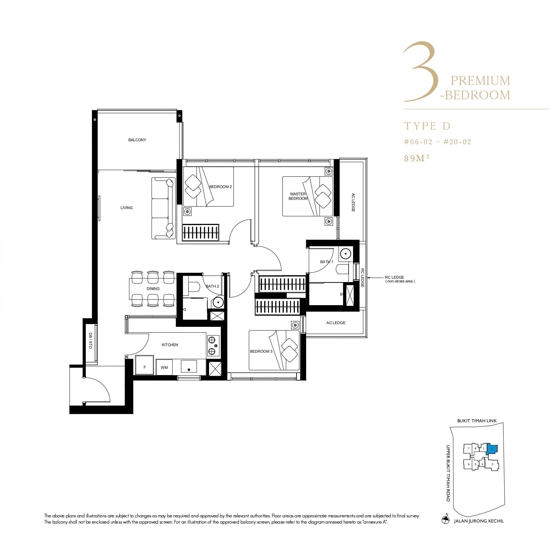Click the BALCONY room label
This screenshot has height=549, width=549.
137,140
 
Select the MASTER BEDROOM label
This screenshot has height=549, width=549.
298,196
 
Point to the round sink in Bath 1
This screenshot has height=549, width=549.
345,254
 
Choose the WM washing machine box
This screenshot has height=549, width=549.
164,367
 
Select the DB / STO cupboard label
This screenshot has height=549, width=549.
90,341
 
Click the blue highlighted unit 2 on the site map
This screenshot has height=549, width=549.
492,449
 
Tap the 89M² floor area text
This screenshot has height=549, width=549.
417,158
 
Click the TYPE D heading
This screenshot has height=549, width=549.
427,126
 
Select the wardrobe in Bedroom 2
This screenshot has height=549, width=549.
200,232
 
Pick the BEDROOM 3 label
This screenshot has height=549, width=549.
261,351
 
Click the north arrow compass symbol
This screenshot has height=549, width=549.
446,520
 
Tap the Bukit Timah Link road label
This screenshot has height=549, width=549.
477,421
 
